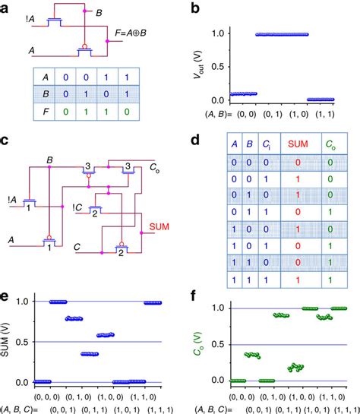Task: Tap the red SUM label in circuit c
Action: click(x=159, y=226)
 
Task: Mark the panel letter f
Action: click(x=196, y=295)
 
